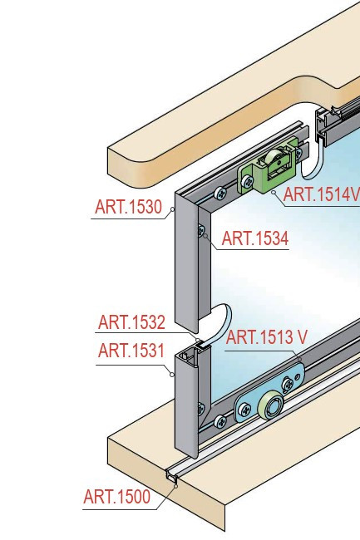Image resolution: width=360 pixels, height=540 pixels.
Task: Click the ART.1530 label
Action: (x=129, y=207)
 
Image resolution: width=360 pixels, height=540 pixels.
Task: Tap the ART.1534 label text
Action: (x=255, y=238)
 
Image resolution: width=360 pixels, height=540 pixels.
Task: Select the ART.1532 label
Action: (x=131, y=322)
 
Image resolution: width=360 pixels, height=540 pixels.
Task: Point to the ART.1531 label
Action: (x=131, y=351)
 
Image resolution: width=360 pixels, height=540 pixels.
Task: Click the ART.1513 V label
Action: (x=266, y=337)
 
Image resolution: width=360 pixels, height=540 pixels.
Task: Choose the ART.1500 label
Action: (x=117, y=497)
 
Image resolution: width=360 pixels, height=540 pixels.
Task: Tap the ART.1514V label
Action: (x=322, y=194)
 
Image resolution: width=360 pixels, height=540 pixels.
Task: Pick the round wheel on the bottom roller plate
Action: (x=271, y=405)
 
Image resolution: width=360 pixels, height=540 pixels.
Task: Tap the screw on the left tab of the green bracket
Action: (x=247, y=181)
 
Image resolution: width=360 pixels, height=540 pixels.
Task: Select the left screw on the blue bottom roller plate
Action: (x=244, y=410)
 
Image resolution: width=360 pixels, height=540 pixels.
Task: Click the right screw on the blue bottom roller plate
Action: (x=288, y=384)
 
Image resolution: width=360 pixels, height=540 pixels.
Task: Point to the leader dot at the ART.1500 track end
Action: (x=175, y=486)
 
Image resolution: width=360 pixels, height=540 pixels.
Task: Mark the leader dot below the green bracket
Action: (x=274, y=193)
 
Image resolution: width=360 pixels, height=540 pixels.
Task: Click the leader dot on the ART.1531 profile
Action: (x=172, y=375)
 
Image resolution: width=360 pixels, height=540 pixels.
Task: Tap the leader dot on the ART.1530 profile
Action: (x=173, y=209)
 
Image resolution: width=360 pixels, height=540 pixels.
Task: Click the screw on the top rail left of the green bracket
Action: (x=220, y=193)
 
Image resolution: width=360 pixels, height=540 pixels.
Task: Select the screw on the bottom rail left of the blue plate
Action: (x=220, y=421)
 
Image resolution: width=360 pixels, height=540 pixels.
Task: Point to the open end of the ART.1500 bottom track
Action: (x=172, y=476)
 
